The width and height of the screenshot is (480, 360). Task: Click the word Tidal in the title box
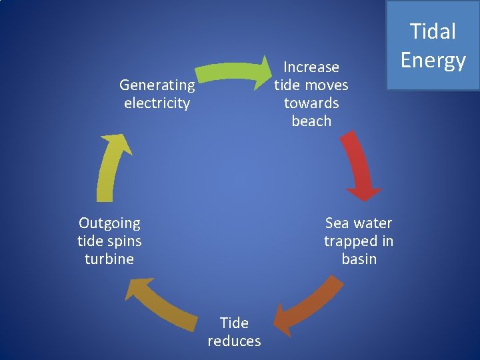click(433, 31)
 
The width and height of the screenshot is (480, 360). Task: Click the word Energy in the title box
click(433, 61)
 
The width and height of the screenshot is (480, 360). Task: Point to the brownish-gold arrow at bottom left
click(157, 304)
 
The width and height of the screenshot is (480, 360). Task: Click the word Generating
click(157, 85)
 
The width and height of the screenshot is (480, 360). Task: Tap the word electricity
click(157, 103)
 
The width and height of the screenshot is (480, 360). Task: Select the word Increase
click(311, 67)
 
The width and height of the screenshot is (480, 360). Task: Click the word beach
click(311, 121)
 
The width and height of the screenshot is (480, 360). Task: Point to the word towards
click(311, 103)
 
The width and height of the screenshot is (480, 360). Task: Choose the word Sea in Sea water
click(337, 223)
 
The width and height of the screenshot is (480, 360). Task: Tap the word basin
click(359, 259)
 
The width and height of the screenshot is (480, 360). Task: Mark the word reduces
click(234, 341)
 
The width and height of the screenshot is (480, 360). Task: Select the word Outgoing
click(109, 223)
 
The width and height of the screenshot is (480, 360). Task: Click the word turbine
click(109, 259)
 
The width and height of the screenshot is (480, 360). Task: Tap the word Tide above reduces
click(234, 323)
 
